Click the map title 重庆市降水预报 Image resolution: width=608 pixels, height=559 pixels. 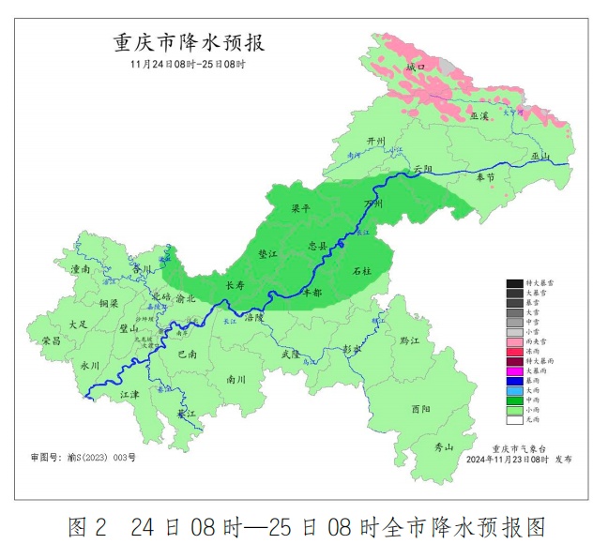(189, 43)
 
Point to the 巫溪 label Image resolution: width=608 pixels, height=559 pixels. (479, 115)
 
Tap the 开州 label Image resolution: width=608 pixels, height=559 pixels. (376, 141)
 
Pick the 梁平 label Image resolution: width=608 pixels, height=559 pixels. (300, 210)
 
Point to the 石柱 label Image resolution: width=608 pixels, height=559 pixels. (362, 270)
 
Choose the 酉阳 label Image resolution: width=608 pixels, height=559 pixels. (421, 409)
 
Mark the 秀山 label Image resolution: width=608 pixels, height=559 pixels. (442, 446)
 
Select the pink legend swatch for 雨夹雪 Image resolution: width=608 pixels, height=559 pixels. (514, 342)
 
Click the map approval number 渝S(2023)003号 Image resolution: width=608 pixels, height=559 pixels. (84, 458)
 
